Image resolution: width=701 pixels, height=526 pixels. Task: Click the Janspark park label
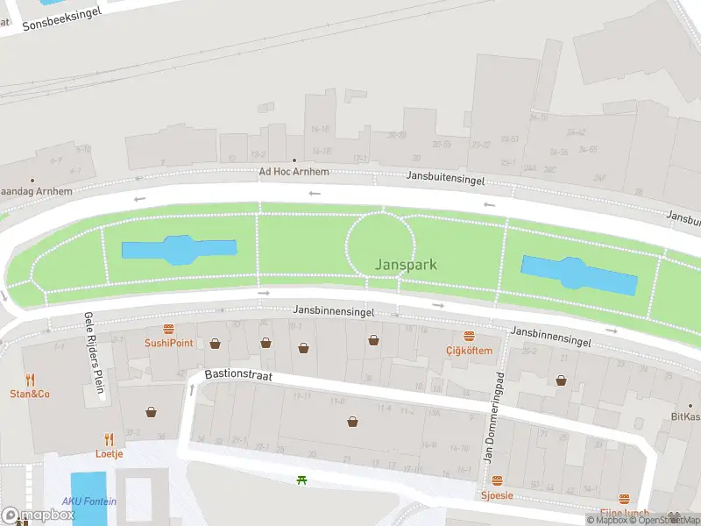pos(406,264)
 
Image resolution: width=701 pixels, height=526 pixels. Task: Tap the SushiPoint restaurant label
pos(169,343)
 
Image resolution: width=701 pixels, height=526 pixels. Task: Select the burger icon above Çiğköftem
pos(469,337)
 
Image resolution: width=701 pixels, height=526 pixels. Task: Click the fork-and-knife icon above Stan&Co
pos(30,380)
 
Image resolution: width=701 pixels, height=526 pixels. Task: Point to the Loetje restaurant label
pos(110,453)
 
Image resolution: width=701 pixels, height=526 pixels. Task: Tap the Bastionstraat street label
pos(238,374)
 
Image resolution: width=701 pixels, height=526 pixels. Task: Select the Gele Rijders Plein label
pos(94,356)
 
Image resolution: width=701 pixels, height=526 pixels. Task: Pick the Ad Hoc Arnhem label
pos(294,172)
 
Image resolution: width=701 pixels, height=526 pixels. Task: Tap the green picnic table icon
pos(302,480)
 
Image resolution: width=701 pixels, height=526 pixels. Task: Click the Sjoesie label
pos(497,495)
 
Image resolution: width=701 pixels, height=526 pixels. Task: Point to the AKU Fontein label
pos(89,501)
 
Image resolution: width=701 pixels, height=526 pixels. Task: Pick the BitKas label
pos(686,416)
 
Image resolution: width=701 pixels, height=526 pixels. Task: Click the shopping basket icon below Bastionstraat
pos(352,422)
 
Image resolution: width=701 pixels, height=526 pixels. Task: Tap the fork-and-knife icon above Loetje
pos(110,439)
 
